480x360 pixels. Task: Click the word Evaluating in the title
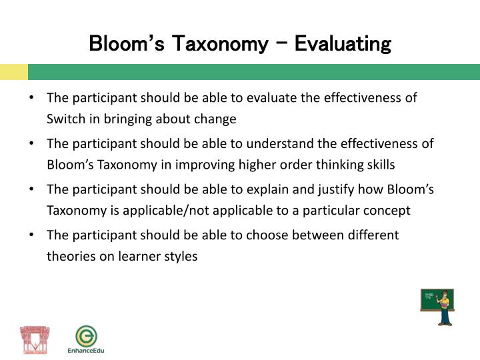coord(342,45)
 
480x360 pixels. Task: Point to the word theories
coord(71,256)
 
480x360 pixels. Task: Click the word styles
coord(181,256)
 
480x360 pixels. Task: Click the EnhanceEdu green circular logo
coord(85,335)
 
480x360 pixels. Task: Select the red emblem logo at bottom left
coord(35,339)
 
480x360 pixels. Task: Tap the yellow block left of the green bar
coord(13,72)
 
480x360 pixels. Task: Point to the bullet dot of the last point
coord(31,235)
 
